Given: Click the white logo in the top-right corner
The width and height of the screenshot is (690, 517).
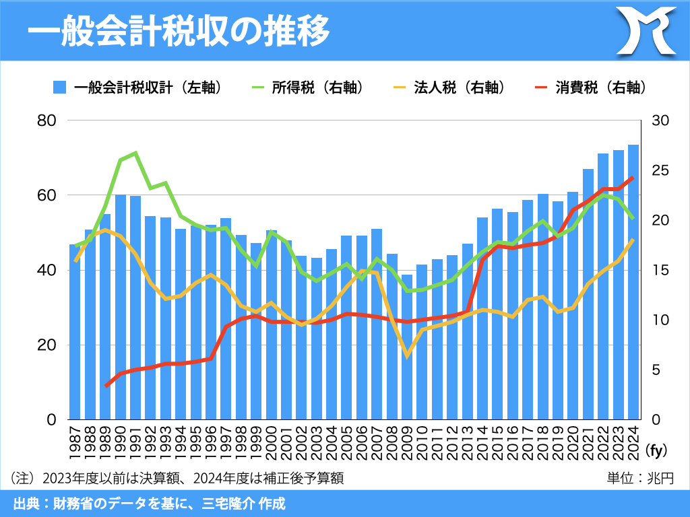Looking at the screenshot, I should click(648, 30).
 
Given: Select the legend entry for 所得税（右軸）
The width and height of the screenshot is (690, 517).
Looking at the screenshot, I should click(307, 88).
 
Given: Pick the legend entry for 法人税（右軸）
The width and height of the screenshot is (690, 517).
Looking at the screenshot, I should click(448, 88).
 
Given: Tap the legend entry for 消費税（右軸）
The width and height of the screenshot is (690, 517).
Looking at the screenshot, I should click(590, 88).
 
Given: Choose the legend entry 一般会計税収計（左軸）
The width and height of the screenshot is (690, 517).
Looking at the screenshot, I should click(137, 88).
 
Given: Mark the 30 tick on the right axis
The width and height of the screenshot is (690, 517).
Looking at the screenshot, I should click(660, 120).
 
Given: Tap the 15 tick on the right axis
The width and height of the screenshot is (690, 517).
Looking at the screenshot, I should click(660, 271).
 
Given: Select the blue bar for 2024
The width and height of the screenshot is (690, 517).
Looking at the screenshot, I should click(633, 283).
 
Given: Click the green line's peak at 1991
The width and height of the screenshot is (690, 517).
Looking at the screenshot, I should click(135, 153).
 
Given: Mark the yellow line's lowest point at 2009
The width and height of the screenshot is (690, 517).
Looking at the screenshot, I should click(407, 355).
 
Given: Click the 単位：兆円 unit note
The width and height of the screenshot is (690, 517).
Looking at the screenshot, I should click(640, 479).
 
